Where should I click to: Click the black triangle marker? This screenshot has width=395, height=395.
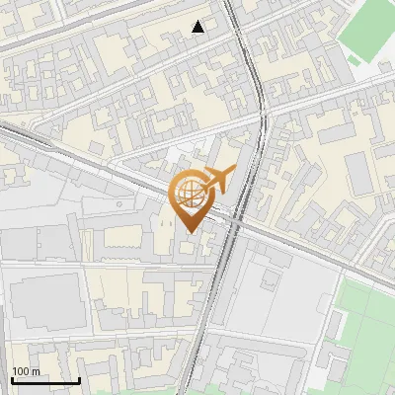199,27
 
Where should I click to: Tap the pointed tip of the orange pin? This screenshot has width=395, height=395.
189,231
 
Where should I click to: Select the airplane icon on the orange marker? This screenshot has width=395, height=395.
220,181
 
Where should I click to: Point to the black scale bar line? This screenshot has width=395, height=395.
45,380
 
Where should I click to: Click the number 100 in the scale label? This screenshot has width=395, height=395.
22,371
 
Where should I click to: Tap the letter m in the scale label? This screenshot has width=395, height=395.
36,371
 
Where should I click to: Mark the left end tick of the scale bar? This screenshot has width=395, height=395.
12,378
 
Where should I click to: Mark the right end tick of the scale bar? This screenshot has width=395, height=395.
79,378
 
